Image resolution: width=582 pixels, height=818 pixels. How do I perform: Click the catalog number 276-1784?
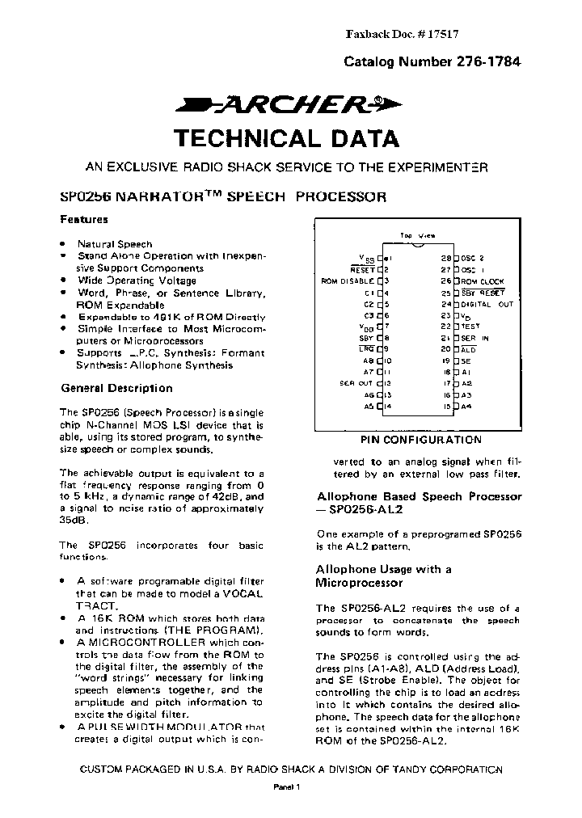[x=432, y=61]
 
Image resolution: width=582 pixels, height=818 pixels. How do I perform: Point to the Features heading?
[x=84, y=219]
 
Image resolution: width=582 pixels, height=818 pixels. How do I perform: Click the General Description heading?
[x=116, y=388]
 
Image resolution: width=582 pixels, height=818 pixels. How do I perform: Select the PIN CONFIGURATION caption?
[x=420, y=441]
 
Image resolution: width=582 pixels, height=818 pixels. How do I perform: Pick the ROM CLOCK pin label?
[x=483, y=280]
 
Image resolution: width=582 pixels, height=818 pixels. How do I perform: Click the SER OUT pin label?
[x=356, y=382]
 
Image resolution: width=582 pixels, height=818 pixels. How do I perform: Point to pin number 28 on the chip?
[x=445, y=257]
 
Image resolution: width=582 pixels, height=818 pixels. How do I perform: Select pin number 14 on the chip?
[x=387, y=406]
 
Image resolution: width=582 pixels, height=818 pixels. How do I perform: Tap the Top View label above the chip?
[x=416, y=235]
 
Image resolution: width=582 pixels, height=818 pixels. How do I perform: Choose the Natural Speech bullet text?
[x=114, y=243]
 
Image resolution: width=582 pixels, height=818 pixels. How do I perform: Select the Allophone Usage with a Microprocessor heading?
[x=383, y=576]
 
